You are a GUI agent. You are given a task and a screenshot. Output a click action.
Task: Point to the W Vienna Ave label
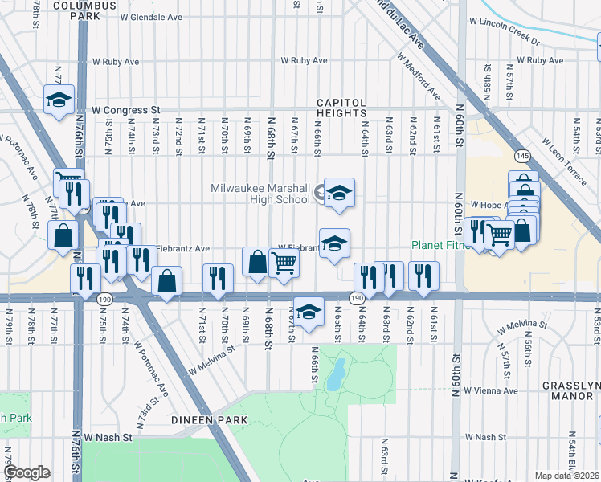coord(489,391)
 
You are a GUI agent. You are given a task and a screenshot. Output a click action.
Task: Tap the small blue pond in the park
coord(336,375)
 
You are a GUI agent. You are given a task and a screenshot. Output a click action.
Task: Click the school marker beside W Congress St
coord(59,100)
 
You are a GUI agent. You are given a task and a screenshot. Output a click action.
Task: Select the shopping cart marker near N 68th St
coord(284,263)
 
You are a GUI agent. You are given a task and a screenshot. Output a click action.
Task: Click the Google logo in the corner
coord(27,472)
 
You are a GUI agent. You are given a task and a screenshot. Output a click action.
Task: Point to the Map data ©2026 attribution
coord(566,476)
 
